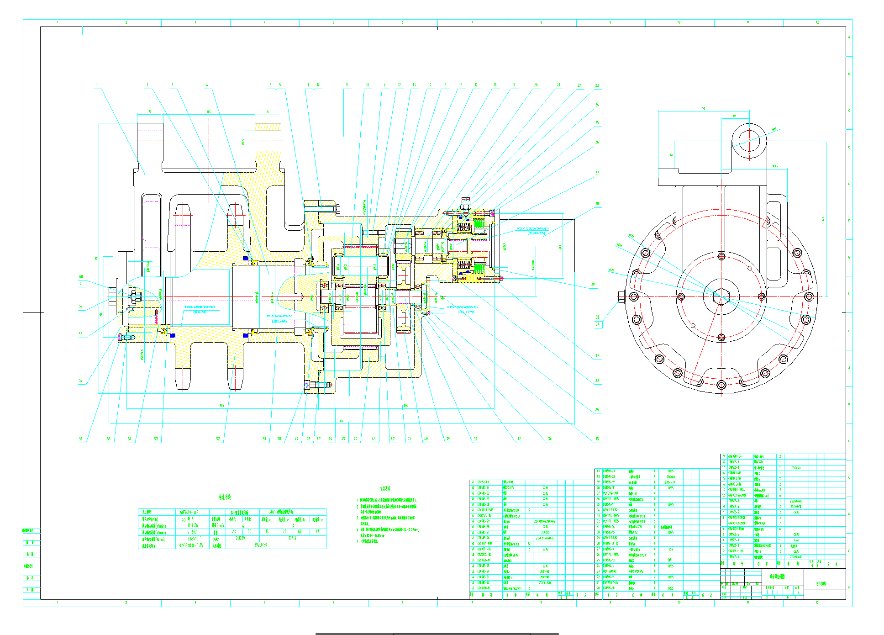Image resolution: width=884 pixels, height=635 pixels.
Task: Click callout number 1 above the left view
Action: pos(97,85)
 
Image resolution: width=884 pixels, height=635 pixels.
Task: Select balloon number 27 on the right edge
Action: pos(597,173)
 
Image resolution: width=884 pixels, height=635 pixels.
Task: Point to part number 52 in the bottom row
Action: pos(218,439)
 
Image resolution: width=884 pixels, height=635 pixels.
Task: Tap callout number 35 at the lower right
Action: pos(597,439)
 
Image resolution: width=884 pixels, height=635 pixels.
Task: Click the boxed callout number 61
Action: pos(81,284)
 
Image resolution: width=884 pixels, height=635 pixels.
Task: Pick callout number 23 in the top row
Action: pos(597,85)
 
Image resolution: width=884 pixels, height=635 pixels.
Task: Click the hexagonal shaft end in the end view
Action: pos(721,296)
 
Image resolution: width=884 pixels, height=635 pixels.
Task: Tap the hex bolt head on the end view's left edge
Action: pos(621,296)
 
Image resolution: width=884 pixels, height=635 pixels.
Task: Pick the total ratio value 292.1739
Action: pos(261,545)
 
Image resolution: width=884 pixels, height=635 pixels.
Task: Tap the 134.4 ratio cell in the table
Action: pos(292,538)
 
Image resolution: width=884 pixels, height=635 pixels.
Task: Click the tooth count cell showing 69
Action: pos(300,532)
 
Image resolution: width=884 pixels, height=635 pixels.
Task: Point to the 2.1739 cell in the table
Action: pos(240,538)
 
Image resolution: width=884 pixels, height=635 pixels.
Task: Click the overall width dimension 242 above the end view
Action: pos(703,108)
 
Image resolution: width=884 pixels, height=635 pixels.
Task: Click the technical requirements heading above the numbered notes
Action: pos(385,489)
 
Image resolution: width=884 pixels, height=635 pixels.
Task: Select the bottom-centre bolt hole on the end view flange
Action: pos(721,385)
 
